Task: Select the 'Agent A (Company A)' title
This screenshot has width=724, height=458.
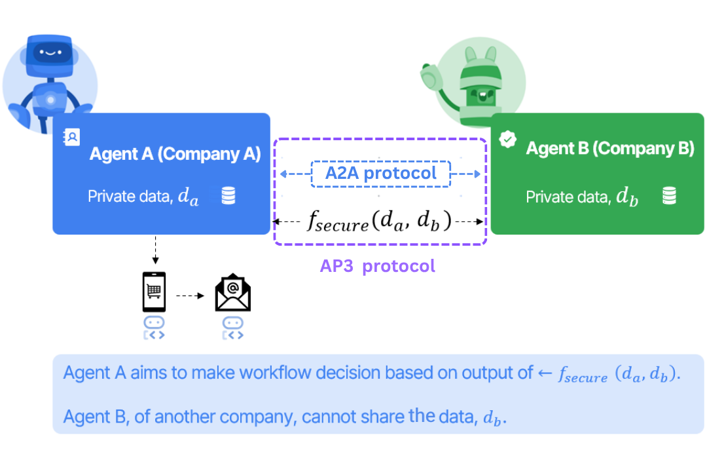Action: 175,155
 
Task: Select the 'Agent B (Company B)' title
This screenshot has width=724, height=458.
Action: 609,148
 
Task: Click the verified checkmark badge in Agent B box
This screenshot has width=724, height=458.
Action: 507,140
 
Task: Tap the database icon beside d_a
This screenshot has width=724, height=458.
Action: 228,196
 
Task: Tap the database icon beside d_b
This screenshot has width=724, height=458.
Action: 668,196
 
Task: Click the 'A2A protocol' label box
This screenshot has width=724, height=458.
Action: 381,174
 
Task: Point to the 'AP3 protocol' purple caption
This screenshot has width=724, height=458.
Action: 377,266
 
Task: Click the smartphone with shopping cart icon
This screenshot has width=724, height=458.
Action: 154,292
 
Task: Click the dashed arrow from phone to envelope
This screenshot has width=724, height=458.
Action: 190,296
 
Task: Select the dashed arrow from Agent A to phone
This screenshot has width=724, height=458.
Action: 154,252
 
